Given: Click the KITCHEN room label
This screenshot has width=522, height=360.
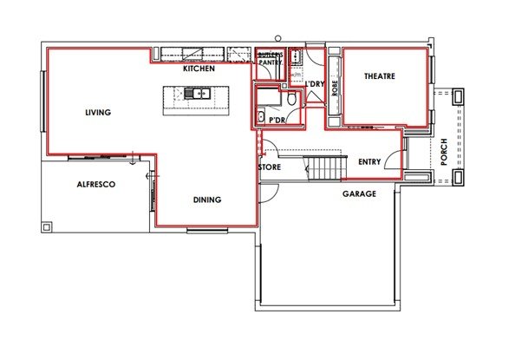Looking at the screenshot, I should (199, 68).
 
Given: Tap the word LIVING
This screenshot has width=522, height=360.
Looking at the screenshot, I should (99, 112).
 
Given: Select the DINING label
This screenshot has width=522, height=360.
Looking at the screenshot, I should (206, 200).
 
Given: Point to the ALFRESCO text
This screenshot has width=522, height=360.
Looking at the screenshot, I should (96, 184).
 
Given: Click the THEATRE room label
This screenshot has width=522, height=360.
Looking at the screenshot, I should (379, 76).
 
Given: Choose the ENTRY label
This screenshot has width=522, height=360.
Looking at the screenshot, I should (369, 161).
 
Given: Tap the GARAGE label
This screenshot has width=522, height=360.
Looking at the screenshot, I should (359, 193).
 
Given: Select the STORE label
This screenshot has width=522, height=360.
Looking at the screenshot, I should (270, 167).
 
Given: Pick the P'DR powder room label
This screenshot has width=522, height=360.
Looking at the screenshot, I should (277, 120).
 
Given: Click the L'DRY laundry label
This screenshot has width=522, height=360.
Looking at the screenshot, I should (314, 83).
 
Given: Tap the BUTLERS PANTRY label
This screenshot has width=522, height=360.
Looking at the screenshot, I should (270, 59).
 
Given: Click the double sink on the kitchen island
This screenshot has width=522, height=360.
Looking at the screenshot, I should (195, 93).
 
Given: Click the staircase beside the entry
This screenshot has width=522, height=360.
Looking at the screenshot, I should (327, 167).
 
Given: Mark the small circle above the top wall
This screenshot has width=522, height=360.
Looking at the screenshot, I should (277, 38).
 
